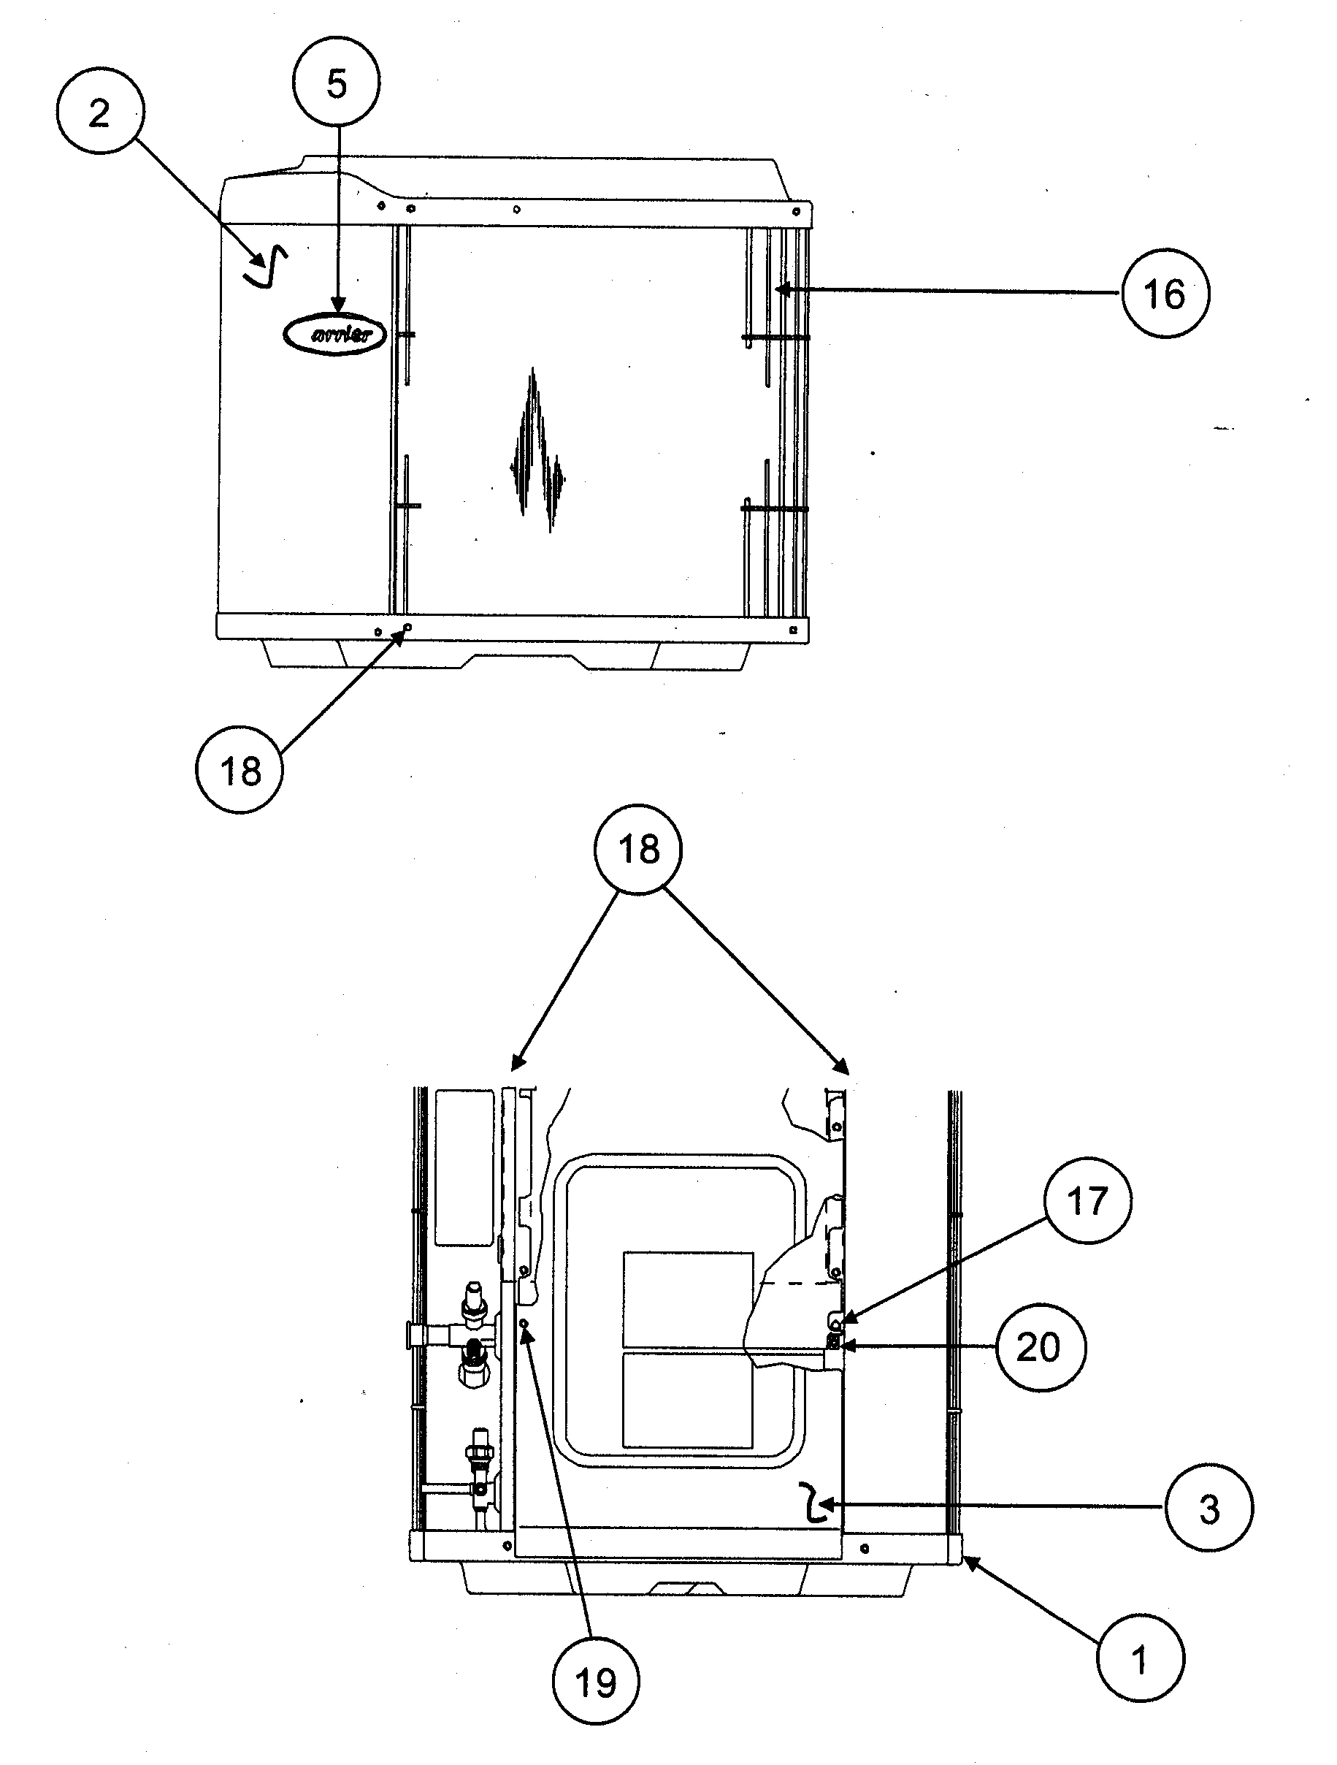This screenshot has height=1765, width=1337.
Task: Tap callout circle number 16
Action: (x=1164, y=294)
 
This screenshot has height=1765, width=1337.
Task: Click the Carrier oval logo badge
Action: (x=334, y=334)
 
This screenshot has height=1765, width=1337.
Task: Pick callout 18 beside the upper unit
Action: (x=240, y=770)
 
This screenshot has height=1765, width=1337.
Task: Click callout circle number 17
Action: (x=1087, y=1201)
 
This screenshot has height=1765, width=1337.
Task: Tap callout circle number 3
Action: (x=1208, y=1508)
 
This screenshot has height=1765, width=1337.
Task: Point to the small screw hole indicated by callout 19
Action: (x=524, y=1324)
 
